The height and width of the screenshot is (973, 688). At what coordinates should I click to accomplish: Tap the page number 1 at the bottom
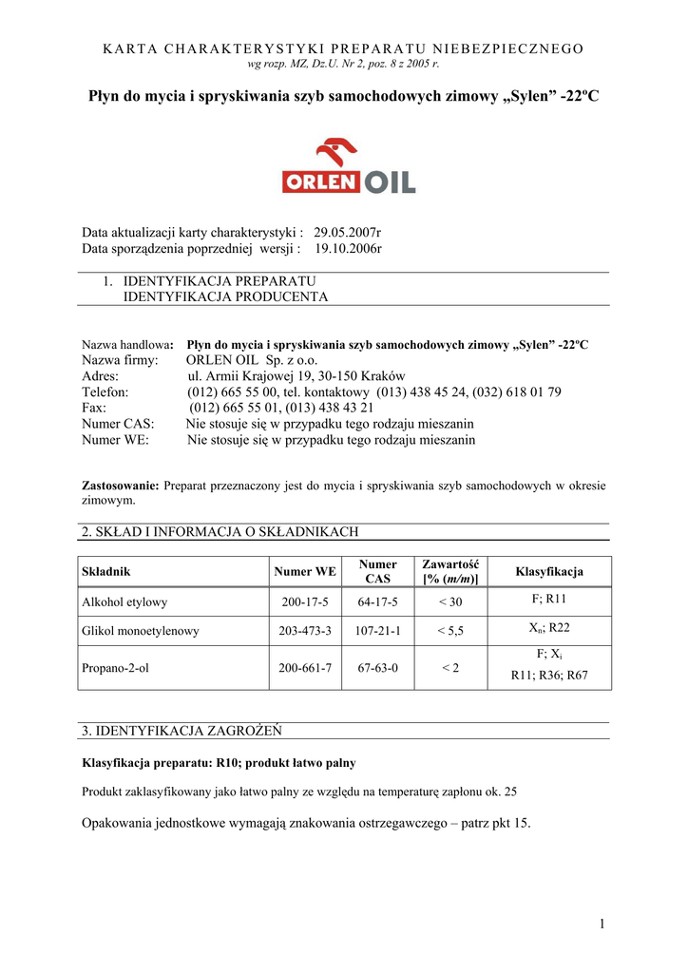click(x=602, y=924)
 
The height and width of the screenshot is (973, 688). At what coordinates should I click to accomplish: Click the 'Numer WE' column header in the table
click(x=305, y=571)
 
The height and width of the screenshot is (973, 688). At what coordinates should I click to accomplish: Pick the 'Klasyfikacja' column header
click(x=549, y=571)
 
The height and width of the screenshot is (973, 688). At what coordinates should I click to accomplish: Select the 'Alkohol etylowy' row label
click(x=124, y=601)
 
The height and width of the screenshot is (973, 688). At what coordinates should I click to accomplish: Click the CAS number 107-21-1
click(x=378, y=630)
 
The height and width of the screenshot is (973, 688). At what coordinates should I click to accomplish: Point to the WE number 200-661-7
click(x=305, y=668)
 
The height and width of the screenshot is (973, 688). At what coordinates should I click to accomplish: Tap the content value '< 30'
click(x=450, y=601)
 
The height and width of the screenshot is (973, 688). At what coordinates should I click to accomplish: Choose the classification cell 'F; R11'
click(x=549, y=600)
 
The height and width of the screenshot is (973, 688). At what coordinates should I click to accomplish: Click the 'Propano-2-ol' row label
click(x=116, y=668)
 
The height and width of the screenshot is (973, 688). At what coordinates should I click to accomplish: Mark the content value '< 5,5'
click(x=450, y=630)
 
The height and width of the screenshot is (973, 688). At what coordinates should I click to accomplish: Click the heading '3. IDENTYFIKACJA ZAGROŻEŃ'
click(x=182, y=731)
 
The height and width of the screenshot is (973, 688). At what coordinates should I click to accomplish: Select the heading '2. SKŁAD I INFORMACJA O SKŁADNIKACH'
click(x=220, y=532)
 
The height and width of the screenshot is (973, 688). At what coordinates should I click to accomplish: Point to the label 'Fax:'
click(x=96, y=408)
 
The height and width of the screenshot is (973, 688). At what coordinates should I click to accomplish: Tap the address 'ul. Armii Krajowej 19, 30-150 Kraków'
click(x=296, y=376)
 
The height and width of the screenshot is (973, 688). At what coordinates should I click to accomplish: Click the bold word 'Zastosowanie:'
click(x=121, y=486)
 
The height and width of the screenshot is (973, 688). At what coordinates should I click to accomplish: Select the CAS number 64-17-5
click(x=378, y=601)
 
